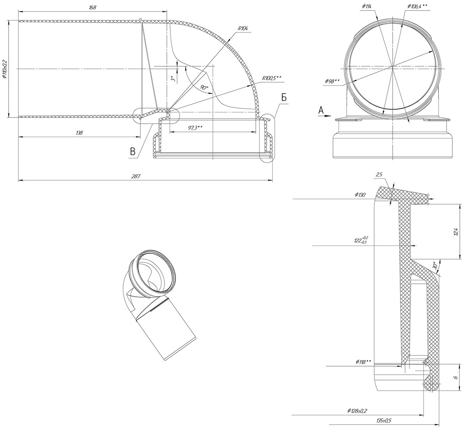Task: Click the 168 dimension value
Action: [x=92, y=7]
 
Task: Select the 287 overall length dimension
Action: [x=136, y=176]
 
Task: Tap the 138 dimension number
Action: [x=79, y=133]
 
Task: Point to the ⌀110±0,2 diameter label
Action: [x=4, y=69]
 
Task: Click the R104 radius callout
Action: [x=243, y=28]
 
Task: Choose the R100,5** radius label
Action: [x=271, y=78]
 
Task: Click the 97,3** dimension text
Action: [x=195, y=128]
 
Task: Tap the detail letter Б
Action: [x=284, y=98]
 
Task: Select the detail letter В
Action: [x=133, y=151]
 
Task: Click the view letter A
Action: [x=321, y=110]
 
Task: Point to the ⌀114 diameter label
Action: [x=367, y=6]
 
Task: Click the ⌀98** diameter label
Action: [x=332, y=81]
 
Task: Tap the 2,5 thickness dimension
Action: [x=379, y=174]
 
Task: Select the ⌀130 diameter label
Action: [x=360, y=195]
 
